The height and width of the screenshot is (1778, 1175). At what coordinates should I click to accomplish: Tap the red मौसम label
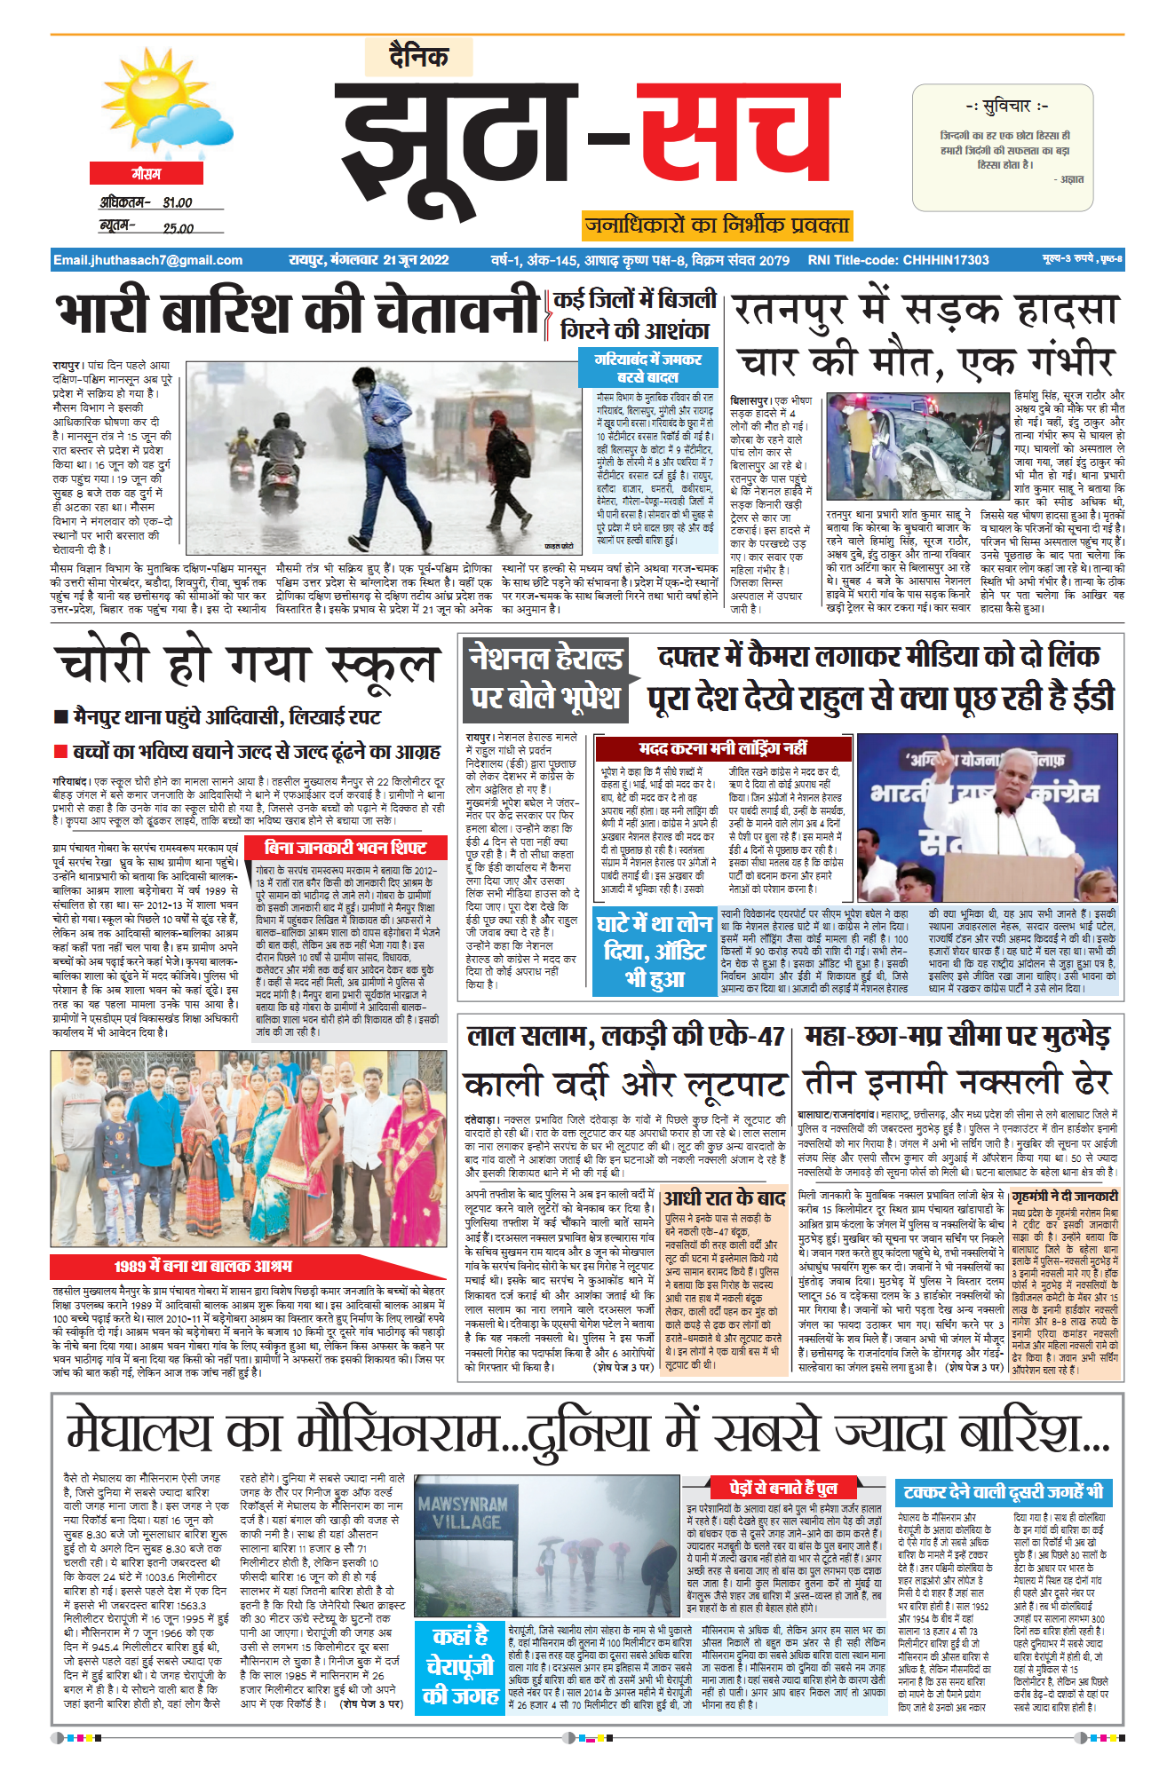coord(147,174)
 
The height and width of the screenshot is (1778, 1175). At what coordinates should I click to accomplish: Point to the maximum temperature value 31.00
coord(178,203)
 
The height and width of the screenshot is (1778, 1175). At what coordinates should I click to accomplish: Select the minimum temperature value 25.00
coord(178,228)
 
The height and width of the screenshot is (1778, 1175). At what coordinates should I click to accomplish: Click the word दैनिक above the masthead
coord(418,57)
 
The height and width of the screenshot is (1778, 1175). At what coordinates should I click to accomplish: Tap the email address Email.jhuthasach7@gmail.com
coord(147,260)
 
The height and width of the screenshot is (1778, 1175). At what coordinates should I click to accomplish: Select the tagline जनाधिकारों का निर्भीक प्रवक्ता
coord(717,225)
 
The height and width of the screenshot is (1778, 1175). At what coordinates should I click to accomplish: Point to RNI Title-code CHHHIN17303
coord(898,260)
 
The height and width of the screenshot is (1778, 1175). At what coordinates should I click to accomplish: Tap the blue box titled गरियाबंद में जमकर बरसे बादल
coord(648,367)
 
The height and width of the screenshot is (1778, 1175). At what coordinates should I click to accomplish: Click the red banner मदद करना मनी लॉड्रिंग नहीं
coord(722,747)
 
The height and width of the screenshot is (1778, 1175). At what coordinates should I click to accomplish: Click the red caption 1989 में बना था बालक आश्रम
coord(202,1266)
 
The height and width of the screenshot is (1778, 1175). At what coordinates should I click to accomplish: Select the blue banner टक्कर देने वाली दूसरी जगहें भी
coord(1003,1491)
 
